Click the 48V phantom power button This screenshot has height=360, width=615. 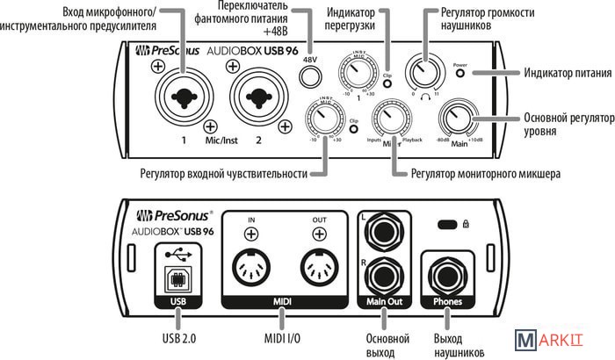point(308,76)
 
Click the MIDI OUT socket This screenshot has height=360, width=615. point(318,264)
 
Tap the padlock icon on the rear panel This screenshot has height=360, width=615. point(465,224)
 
